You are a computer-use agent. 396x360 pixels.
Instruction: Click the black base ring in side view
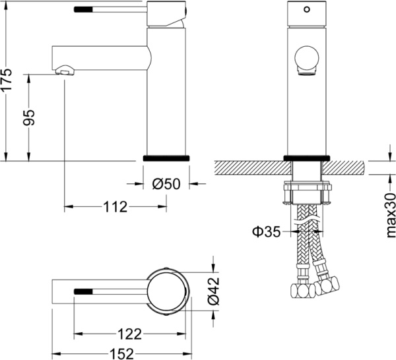(x=166, y=158)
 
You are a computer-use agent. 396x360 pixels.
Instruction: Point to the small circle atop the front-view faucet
(x=306, y=11)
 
